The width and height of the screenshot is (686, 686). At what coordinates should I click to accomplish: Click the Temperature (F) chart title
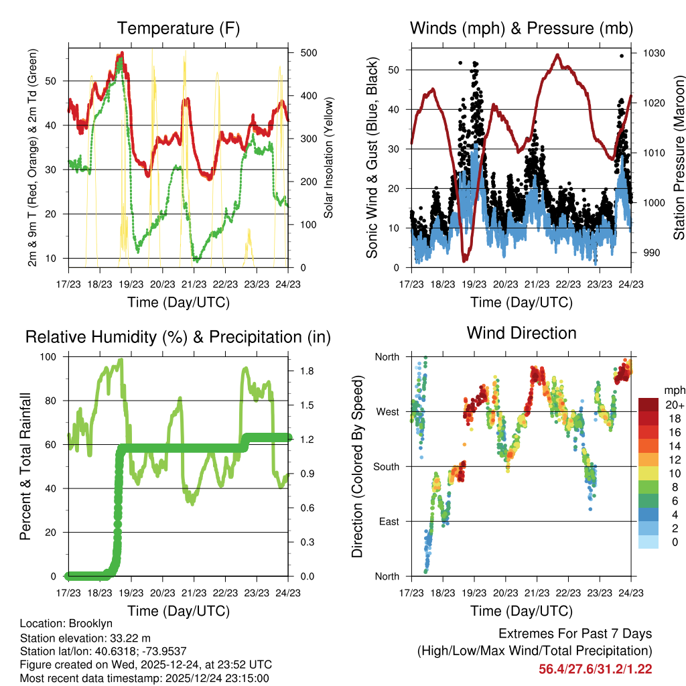click(x=178, y=29)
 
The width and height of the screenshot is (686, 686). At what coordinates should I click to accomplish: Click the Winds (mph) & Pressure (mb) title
click(x=521, y=29)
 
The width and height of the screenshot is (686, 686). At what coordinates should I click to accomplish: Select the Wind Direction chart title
click(x=521, y=333)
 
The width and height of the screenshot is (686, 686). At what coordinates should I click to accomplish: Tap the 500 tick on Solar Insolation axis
click(x=309, y=53)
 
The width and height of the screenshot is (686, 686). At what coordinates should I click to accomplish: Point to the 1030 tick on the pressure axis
click(x=653, y=53)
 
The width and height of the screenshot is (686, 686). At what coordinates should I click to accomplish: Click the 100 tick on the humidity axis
click(x=52, y=357)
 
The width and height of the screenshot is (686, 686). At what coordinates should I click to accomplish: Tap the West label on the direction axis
click(x=387, y=412)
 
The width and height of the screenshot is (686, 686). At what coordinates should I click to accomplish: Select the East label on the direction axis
click(x=388, y=522)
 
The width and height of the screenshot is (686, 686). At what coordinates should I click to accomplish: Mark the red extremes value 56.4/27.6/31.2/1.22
click(x=596, y=669)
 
